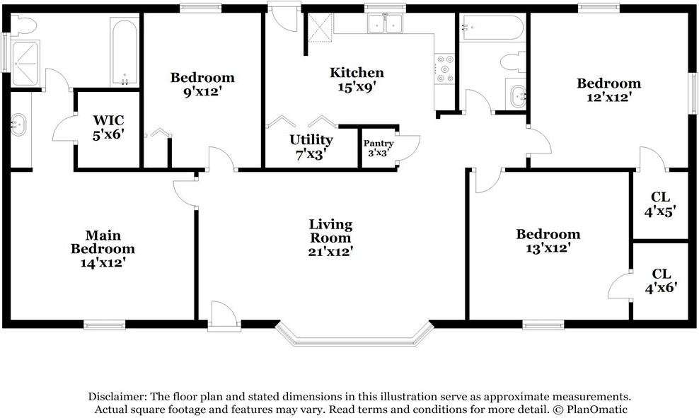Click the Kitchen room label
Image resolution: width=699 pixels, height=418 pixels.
pyautogui.click(x=357, y=73)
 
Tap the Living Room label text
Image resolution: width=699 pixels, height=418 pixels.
pyautogui.click(x=330, y=231)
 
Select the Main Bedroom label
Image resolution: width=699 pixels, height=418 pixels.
pyautogui.click(x=103, y=242)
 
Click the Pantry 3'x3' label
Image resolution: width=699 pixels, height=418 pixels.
pyautogui.click(x=379, y=148)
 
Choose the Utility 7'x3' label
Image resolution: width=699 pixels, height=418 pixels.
pyautogui.click(x=311, y=146)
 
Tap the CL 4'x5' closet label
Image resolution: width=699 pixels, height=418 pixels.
pyautogui.click(x=661, y=203)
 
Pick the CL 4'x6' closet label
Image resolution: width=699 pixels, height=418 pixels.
pyautogui.click(x=661, y=280)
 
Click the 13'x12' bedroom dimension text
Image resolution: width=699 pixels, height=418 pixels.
pyautogui.click(x=548, y=249)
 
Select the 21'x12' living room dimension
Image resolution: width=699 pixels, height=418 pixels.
pyautogui.click(x=330, y=250)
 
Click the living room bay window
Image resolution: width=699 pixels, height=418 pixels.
pyautogui.click(x=354, y=334)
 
